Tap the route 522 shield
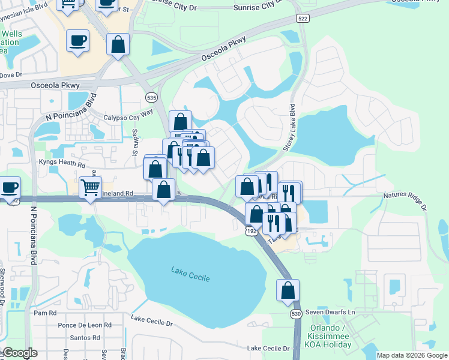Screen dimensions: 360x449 coord(302,19)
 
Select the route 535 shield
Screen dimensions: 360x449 coord(152,96)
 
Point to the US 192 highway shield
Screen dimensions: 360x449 coord(252,230)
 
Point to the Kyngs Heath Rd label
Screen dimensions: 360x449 coord(62,162)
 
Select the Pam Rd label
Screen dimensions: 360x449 coord(45,313)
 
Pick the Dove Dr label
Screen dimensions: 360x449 coord(11,75)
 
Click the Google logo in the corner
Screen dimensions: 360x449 coord(20,352)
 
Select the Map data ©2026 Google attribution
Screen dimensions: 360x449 coord(411,355)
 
